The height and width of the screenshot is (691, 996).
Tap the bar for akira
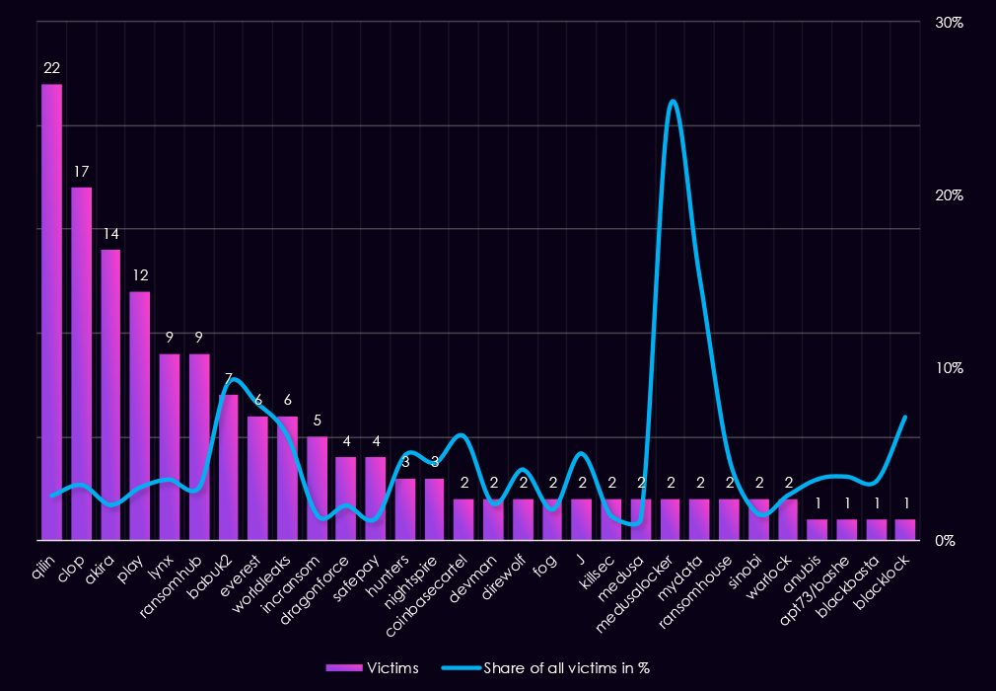[x=110, y=395]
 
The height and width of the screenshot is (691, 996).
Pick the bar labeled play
[x=140, y=416]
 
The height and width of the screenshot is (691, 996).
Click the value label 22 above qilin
[x=51, y=68]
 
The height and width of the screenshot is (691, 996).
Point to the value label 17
[x=81, y=172]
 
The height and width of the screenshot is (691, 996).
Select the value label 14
[x=110, y=234]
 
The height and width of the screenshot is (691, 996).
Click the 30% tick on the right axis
[x=949, y=23]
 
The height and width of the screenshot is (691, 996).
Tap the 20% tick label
[x=949, y=195]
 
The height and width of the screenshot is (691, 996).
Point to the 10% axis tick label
[x=949, y=368]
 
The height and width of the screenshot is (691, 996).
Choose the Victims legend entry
[x=372, y=668]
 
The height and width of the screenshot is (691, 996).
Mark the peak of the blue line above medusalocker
[x=672, y=101]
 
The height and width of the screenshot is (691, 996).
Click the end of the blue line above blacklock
[x=905, y=418]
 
